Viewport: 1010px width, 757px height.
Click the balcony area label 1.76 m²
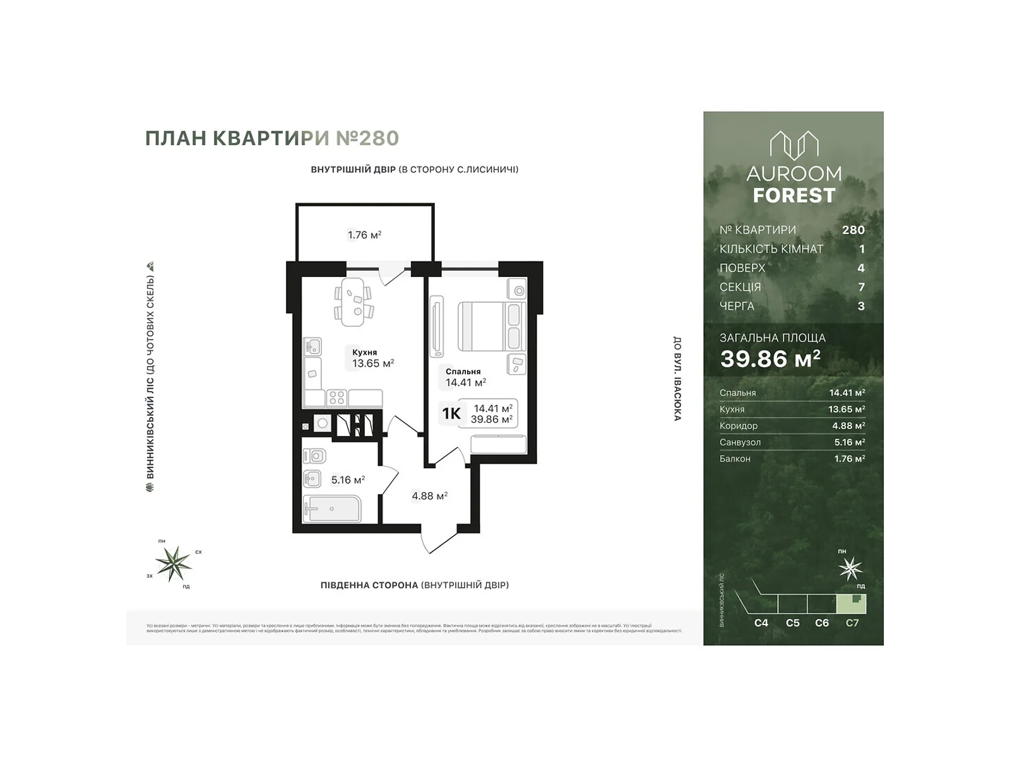click(364, 235)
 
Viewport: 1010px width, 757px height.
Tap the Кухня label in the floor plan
click(365, 353)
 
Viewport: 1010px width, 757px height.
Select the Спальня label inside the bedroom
click(463, 372)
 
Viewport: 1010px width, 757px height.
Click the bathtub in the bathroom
click(332, 509)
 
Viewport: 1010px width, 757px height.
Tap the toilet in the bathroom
click(314, 455)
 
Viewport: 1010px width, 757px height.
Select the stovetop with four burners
click(337, 397)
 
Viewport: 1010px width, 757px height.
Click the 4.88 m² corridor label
click(429, 496)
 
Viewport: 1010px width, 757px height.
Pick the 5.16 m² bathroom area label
click(348, 480)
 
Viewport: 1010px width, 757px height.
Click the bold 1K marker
click(451, 414)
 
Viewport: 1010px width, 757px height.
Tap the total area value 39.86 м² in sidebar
click(770, 358)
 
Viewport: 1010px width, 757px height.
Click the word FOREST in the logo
click(793, 196)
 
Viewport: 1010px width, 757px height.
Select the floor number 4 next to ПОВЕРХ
click(860, 268)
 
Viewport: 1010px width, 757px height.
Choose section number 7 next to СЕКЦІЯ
click(860, 287)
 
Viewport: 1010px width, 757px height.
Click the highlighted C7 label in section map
click(852, 623)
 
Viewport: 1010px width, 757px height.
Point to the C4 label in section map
click(761, 623)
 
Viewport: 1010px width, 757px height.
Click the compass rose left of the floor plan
click(174, 563)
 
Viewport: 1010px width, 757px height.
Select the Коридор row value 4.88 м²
click(848, 426)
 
